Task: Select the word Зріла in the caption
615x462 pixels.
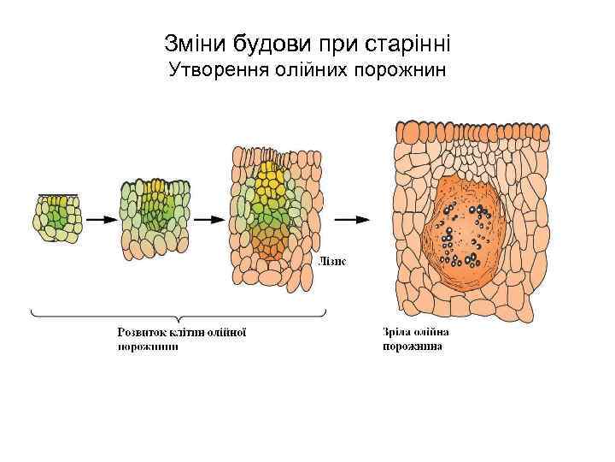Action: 397,332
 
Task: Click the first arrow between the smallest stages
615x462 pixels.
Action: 100,219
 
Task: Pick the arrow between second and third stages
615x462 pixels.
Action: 208,219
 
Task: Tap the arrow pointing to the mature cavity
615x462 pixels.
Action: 350,219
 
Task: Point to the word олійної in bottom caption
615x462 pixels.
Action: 226,332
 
